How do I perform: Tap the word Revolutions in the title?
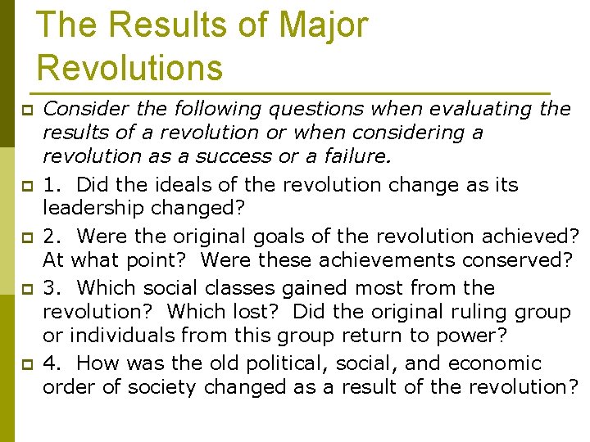[129, 67]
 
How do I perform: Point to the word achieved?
[530, 237]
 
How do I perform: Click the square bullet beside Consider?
[26, 110]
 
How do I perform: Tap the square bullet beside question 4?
[26, 363]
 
